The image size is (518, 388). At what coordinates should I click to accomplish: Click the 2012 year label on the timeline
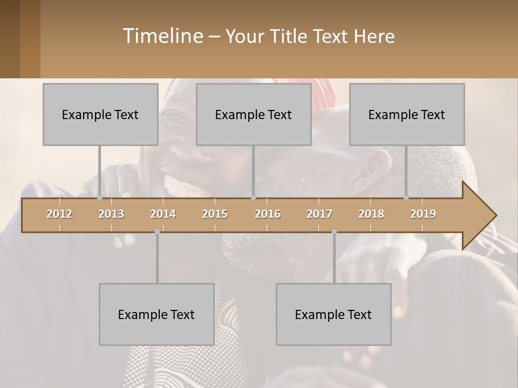pos(59,214)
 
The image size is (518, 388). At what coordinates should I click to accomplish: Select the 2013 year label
pos(111,214)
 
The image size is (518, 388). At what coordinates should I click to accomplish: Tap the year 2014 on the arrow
pos(163,214)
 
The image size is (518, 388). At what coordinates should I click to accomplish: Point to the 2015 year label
pos(215,214)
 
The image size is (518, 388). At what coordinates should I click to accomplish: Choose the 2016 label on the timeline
pos(268,214)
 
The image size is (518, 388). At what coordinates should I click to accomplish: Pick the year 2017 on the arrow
pos(319,214)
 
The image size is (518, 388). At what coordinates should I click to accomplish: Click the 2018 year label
pos(371,214)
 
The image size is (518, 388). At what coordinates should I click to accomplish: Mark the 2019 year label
pos(423,214)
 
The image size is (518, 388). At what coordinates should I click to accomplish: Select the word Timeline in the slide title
pos(162,36)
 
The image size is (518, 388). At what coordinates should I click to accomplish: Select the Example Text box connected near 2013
pos(100,114)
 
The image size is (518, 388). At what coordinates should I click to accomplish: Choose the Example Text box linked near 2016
pos(254,114)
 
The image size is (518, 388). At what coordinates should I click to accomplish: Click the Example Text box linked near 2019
pos(407,114)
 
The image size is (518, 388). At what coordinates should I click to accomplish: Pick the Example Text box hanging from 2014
pos(156,314)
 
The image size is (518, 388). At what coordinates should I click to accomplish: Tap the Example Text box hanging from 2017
pos(333,314)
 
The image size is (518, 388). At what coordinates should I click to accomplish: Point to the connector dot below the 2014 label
pos(157,232)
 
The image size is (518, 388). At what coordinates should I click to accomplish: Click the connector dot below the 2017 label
pos(334,232)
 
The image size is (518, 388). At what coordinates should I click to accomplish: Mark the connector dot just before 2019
pos(406,198)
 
